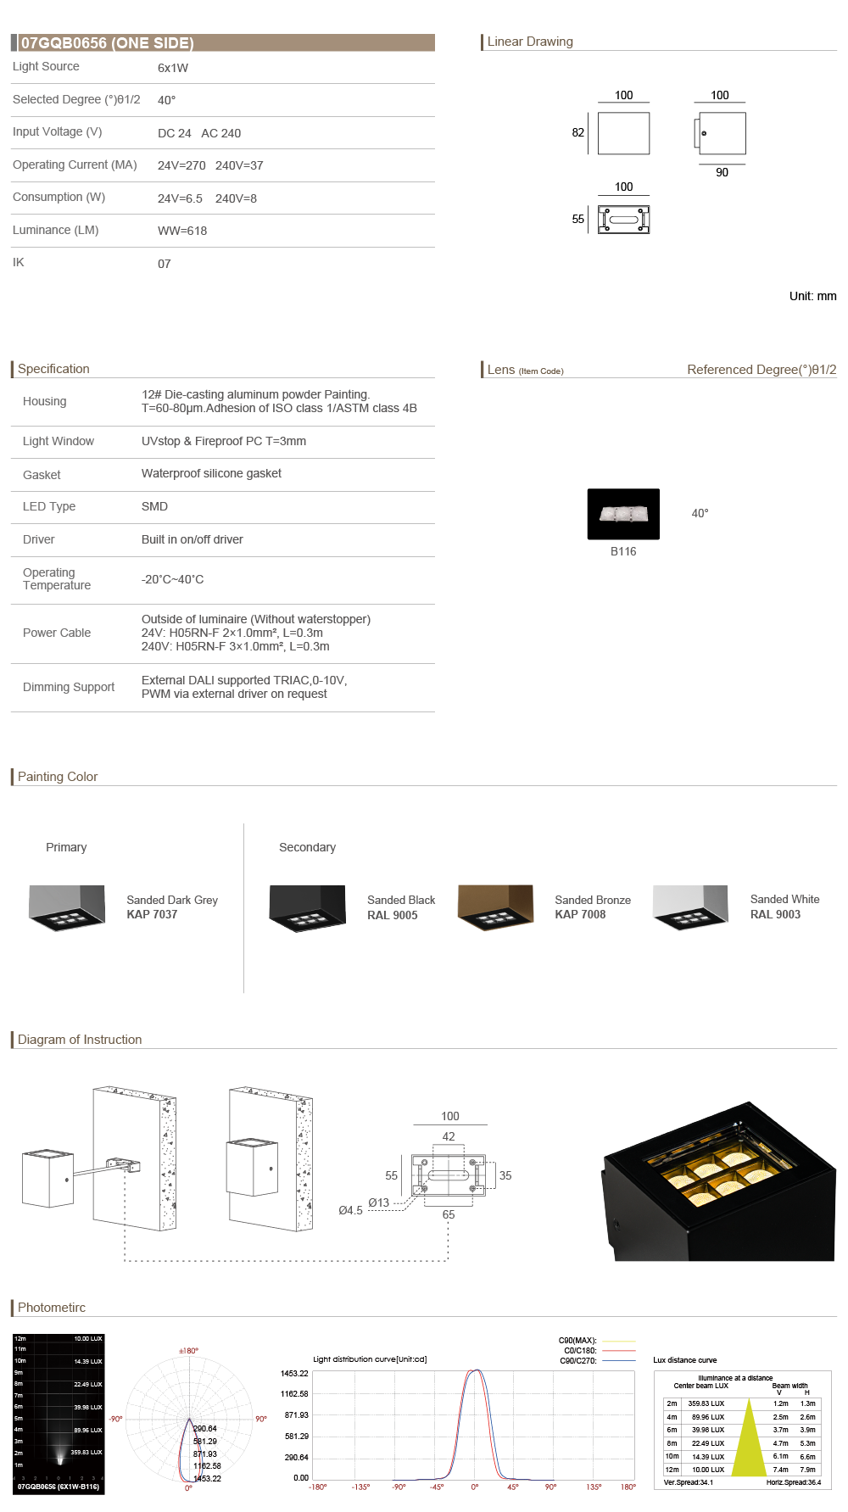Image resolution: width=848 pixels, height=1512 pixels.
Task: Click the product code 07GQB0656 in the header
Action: [x=64, y=43]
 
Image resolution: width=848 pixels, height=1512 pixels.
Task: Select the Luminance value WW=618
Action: [x=182, y=231]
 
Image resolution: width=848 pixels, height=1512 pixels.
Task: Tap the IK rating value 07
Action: [x=165, y=264]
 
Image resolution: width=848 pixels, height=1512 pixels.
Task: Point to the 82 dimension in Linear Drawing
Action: [x=578, y=132]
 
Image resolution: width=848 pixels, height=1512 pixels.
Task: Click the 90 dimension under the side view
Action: [x=722, y=172]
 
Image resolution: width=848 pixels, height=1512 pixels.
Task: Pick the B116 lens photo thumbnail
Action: [x=623, y=514]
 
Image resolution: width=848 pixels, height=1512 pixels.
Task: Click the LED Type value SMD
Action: [x=154, y=506]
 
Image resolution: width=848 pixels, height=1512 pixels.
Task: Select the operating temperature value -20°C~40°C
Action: [x=172, y=579]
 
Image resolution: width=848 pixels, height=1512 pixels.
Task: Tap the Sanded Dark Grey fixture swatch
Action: [x=67, y=907]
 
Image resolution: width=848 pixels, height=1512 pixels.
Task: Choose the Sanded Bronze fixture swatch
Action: [x=495, y=907]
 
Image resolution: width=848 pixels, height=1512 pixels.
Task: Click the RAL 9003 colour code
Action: [x=775, y=914]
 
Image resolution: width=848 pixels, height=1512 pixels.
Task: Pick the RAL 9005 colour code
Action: [x=392, y=915]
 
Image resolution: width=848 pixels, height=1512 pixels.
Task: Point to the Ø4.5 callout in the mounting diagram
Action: [x=350, y=1210]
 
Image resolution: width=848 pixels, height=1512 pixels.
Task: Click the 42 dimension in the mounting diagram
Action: [x=449, y=1136]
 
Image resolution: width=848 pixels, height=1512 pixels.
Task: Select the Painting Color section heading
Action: [x=58, y=777]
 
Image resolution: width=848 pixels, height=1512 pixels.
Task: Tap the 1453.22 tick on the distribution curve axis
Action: [x=294, y=1373]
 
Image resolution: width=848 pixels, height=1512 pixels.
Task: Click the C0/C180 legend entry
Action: [x=580, y=1351]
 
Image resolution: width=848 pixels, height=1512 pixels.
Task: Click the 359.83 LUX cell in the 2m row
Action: [x=706, y=1403]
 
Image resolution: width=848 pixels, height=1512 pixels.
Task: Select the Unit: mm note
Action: [x=812, y=296]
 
